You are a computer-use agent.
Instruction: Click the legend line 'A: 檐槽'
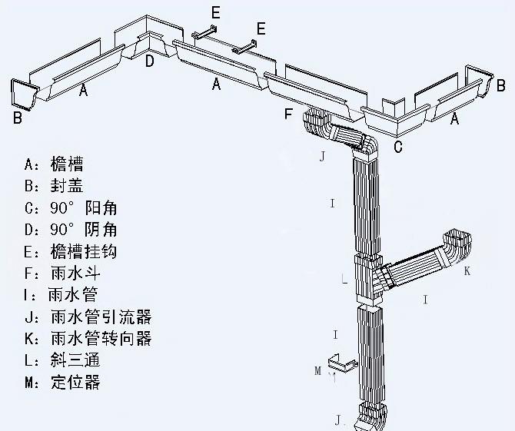pyautogui.click(x=54, y=164)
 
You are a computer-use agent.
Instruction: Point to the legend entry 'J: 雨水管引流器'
pyautogui.click(x=88, y=317)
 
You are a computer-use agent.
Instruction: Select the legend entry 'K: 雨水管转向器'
pyautogui.click(x=88, y=338)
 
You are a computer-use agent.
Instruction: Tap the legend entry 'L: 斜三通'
pyautogui.click(x=61, y=360)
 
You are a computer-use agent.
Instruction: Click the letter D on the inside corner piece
pyautogui.click(x=150, y=60)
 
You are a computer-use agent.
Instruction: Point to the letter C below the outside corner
pyautogui.click(x=398, y=147)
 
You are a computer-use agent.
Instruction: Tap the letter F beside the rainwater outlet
pyautogui.click(x=288, y=115)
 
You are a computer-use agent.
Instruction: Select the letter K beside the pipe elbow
pyautogui.click(x=467, y=271)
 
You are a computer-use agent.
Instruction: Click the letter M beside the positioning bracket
pyautogui.click(x=317, y=371)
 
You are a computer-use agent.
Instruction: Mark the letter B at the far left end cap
pyautogui.click(x=17, y=118)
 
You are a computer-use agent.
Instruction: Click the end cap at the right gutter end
pyautogui.click(x=479, y=79)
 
